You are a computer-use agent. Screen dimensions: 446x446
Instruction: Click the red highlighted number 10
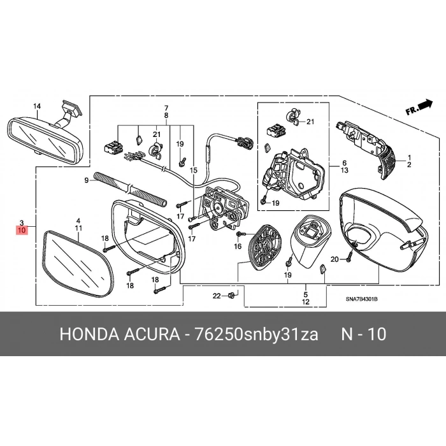22,230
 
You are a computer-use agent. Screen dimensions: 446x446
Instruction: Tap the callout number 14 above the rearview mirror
37,106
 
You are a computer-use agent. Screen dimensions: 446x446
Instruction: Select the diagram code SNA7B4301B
361,299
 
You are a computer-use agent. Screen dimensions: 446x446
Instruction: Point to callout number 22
217,296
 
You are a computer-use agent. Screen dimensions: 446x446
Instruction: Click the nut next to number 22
231,296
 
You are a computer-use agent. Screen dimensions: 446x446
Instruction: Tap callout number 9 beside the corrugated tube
87,180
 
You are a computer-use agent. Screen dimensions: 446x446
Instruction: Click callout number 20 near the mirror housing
334,259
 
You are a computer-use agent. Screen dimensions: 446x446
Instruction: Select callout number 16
238,247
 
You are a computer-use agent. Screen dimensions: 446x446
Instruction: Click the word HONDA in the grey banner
89,334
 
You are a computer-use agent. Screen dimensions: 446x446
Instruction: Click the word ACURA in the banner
152,334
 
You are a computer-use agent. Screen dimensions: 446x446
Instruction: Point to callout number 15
194,170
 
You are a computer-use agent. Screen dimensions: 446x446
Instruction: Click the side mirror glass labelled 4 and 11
78,264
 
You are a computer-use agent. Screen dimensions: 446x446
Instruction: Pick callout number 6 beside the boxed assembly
345,163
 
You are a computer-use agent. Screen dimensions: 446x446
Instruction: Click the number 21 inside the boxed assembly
310,122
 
